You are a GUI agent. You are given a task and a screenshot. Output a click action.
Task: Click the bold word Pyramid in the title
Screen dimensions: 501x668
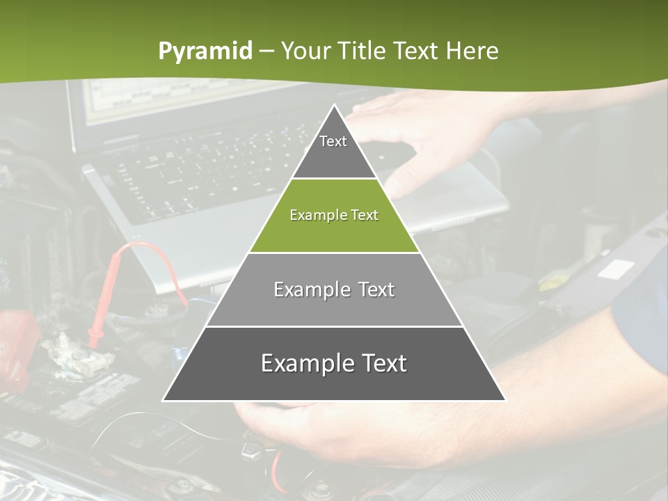tap(205, 51)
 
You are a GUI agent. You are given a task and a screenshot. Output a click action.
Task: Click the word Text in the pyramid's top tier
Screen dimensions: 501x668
tap(333, 141)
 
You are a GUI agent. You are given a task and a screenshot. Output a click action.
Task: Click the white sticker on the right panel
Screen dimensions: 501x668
tap(615, 269)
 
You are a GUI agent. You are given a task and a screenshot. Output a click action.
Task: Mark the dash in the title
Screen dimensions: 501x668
tap(266, 51)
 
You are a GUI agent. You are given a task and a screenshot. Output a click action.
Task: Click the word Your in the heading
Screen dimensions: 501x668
tap(304, 51)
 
